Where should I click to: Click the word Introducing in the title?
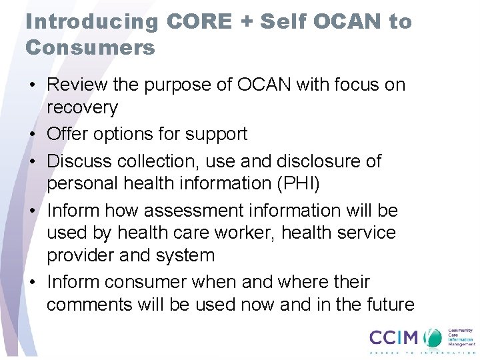pos(93,22)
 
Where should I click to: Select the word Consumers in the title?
pos(90,47)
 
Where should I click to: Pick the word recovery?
pos(82,107)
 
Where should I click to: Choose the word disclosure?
pos(312,161)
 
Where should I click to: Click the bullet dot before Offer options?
pos(33,135)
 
